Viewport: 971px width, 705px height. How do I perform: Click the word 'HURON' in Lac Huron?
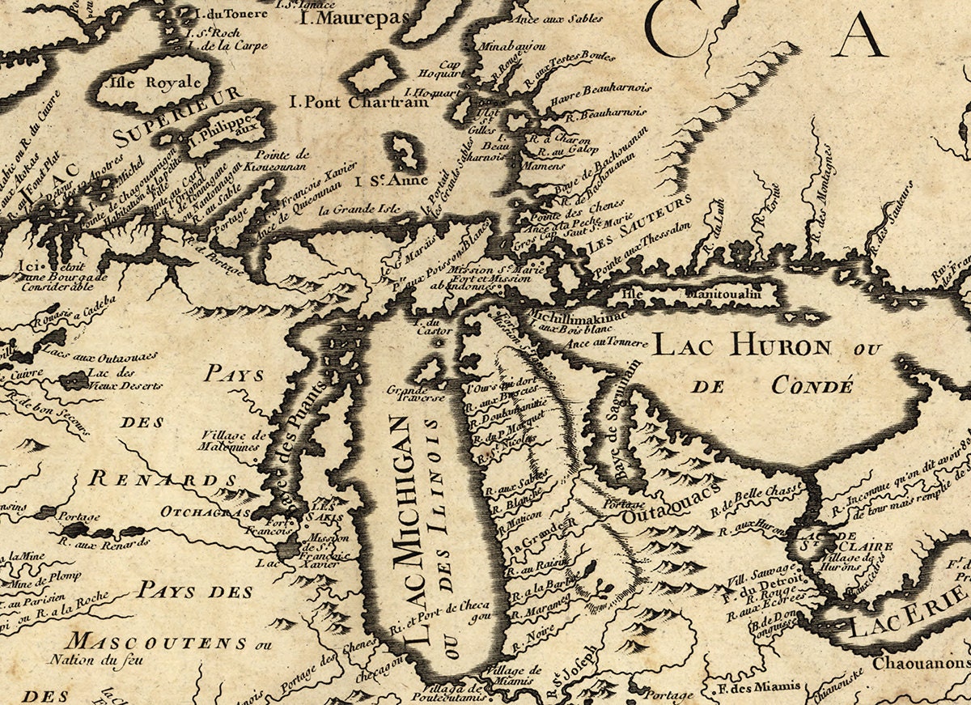pos(780,347)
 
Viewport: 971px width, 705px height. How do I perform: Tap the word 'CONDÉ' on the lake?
pos(812,386)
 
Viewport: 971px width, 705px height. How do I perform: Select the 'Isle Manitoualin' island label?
pos(692,295)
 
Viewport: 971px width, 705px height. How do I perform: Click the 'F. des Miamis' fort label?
pos(760,686)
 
